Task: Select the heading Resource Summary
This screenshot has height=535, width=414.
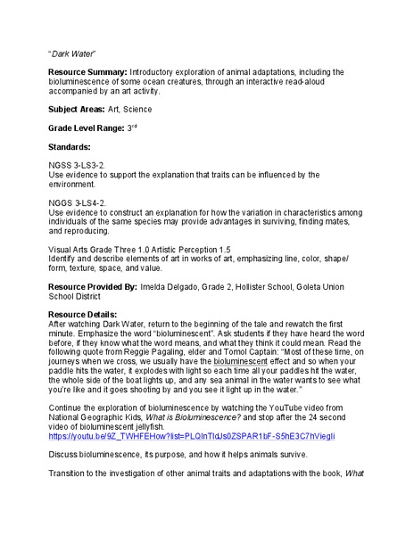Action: pos(87,71)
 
